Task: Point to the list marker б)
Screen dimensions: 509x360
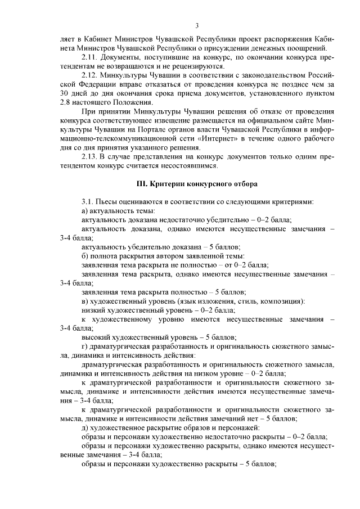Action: (x=84, y=256)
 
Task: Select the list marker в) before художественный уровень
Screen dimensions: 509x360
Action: (x=84, y=300)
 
